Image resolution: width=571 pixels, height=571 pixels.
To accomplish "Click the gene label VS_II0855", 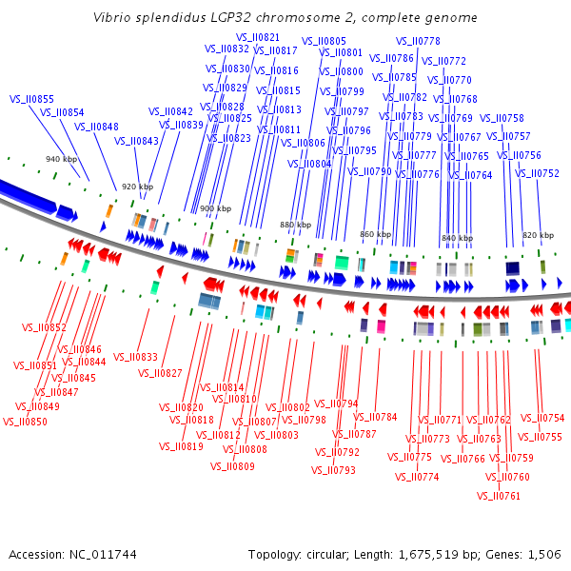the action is [x=31, y=99].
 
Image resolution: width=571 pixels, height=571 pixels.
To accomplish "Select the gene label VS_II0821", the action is [x=258, y=37].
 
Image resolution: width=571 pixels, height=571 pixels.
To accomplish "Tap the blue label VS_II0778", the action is [x=418, y=41].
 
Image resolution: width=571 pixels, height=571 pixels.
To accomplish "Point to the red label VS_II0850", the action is [x=25, y=422].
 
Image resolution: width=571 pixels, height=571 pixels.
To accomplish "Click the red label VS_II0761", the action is [x=498, y=496].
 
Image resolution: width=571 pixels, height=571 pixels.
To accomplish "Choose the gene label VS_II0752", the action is [x=537, y=173].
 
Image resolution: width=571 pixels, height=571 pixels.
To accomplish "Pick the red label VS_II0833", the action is [x=135, y=357].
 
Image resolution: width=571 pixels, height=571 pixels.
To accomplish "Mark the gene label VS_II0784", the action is [x=375, y=417].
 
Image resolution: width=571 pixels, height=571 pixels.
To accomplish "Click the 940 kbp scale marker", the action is [x=61, y=159].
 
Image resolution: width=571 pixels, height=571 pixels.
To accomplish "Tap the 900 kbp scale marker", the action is [x=216, y=208].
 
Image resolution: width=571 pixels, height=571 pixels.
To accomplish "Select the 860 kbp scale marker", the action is [x=376, y=234].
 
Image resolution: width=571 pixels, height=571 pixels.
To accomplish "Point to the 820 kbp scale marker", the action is [x=539, y=235].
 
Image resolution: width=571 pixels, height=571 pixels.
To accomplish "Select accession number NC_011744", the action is [x=103, y=555].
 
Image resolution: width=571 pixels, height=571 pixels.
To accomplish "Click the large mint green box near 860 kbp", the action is [x=342, y=263].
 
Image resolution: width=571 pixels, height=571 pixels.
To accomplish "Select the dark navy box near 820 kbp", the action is [x=512, y=268].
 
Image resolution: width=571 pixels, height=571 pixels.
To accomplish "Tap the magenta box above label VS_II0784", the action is [x=381, y=326].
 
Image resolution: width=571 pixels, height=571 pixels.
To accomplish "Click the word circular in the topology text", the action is [x=327, y=555].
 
